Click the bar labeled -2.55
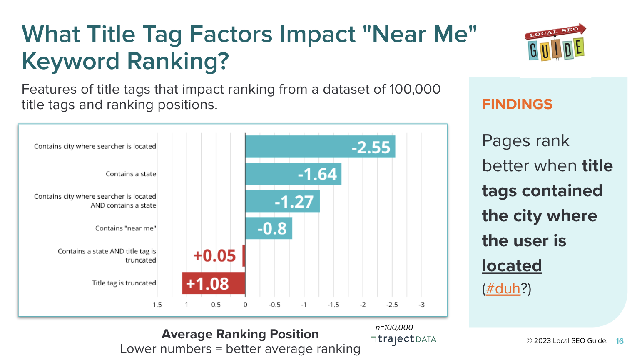320,146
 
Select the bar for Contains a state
293,174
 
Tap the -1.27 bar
282,201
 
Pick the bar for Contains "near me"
269,228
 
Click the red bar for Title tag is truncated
214,283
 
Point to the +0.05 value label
214,256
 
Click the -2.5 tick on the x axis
392,305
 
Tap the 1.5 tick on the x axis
157,305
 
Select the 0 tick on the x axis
245,305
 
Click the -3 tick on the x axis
421,305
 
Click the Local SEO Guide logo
555,42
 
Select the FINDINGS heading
517,104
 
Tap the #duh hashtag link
503,288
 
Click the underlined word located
512,265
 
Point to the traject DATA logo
403,340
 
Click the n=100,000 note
394,327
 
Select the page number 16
620,341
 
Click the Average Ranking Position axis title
240,334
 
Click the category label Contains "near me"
125,228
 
